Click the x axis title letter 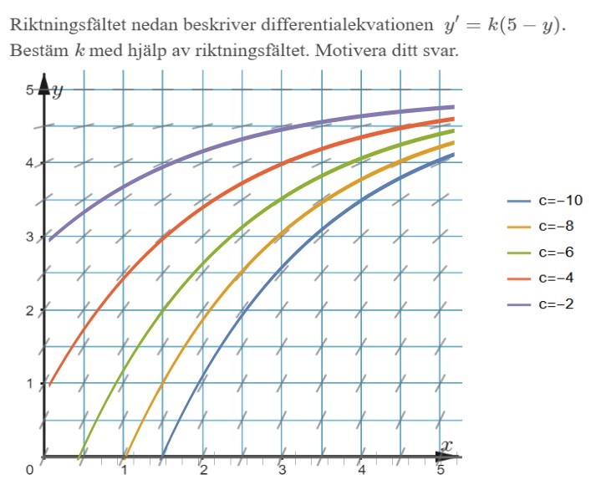tap(447, 446)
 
